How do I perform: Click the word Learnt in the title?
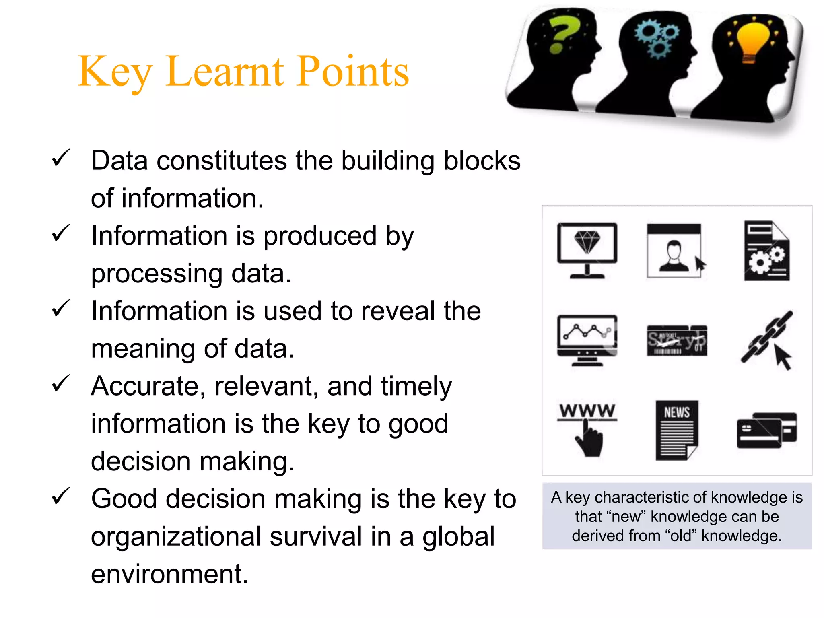pos(225,72)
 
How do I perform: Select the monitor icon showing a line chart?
pos(587,340)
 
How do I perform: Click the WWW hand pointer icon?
pos(587,428)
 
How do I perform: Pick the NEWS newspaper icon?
pos(677,430)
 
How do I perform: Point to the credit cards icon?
pos(766,430)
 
